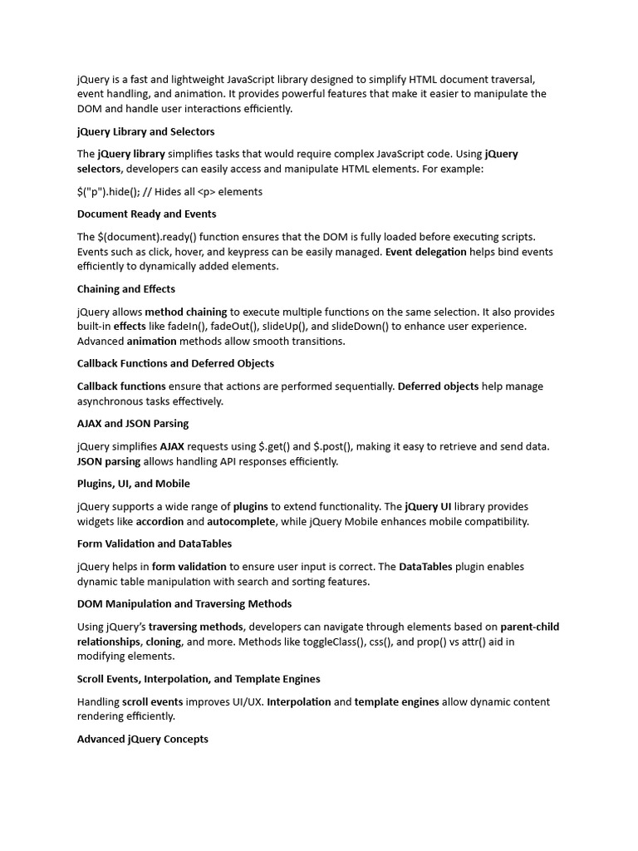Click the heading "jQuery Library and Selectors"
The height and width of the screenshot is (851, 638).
point(145,131)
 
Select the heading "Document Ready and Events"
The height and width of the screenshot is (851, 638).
point(146,214)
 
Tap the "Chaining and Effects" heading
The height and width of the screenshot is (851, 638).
point(125,289)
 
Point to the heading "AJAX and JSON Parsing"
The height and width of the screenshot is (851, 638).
point(133,423)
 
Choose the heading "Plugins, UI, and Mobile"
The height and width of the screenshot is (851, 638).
point(133,484)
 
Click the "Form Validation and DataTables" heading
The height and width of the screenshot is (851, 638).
point(154,544)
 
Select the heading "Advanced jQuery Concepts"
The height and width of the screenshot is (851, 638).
point(142,739)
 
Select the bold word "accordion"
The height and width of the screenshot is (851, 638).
point(159,521)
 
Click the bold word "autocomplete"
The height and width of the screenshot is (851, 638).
point(241,521)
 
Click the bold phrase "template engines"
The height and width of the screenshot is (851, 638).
point(396,701)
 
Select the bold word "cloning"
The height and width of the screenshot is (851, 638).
point(163,642)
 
